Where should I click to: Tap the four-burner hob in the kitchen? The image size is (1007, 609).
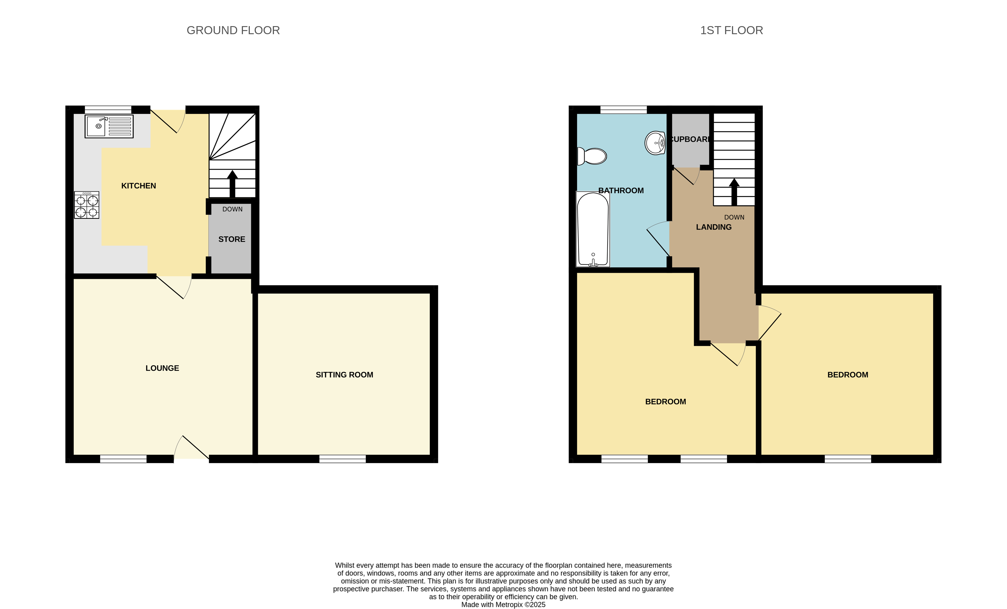pyautogui.click(x=87, y=205)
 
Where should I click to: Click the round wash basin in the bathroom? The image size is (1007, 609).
pyautogui.click(x=655, y=143)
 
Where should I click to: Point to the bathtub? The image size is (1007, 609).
pyautogui.click(x=593, y=229)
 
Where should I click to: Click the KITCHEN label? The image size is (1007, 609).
pyautogui.click(x=138, y=186)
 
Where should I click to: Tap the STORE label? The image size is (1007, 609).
pyautogui.click(x=232, y=239)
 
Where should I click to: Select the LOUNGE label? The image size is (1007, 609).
pyautogui.click(x=162, y=368)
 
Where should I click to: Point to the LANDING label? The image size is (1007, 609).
pyautogui.click(x=714, y=227)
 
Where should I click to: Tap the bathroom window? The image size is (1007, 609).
pyautogui.click(x=623, y=109)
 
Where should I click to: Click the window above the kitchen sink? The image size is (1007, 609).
pyautogui.click(x=108, y=109)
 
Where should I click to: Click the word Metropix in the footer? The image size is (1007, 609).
pyautogui.click(x=509, y=604)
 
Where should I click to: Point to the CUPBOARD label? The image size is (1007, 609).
pyautogui.click(x=690, y=139)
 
